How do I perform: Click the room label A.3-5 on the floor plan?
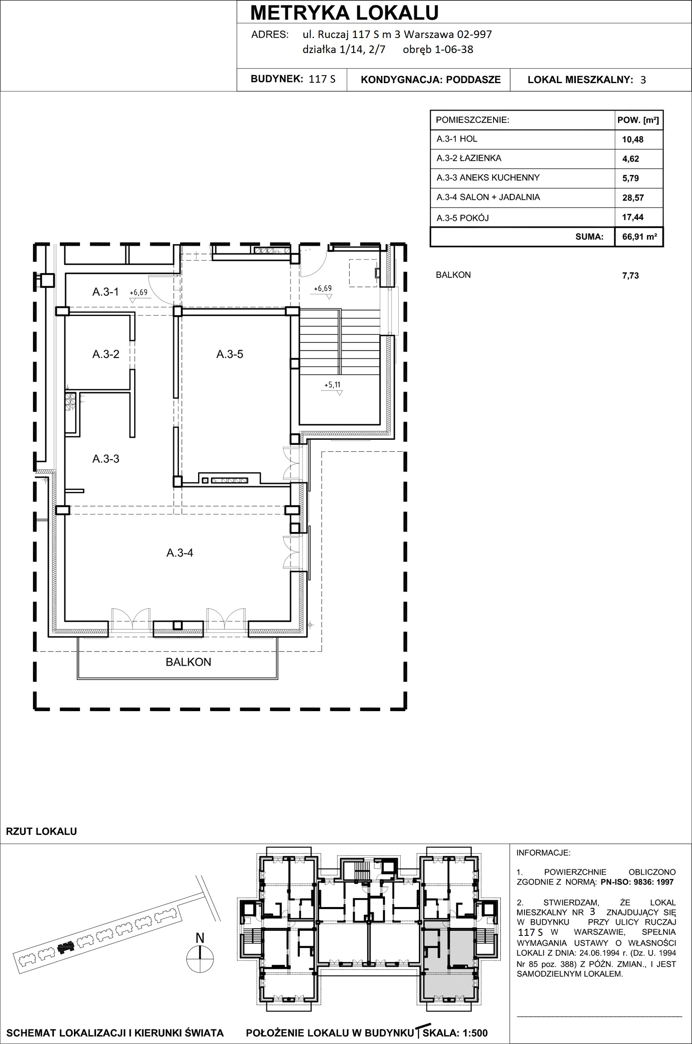click(229, 354)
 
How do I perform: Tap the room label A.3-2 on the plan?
click(106, 354)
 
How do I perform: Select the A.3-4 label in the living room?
click(180, 552)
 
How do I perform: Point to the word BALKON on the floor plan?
click(188, 662)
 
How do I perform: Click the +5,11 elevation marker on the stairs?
click(332, 385)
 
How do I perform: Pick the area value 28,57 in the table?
click(633, 198)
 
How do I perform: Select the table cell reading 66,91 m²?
click(639, 236)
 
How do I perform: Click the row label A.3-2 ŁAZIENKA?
click(469, 158)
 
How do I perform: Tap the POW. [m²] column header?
click(638, 120)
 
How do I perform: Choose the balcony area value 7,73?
click(630, 276)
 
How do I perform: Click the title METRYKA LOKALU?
click(345, 13)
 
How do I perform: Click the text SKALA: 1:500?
click(455, 1033)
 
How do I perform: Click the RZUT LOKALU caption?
click(41, 831)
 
